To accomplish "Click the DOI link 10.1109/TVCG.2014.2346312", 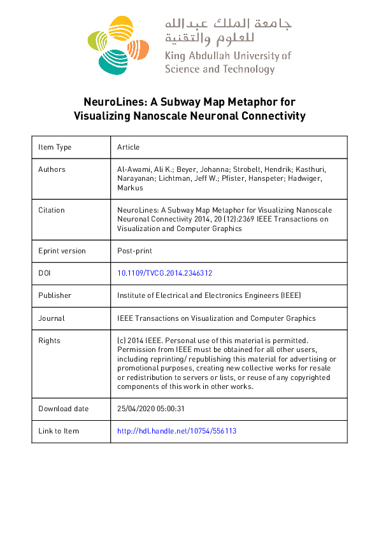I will click(x=164, y=272).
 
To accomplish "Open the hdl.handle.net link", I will click(x=176, y=431).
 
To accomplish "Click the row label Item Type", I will click(x=55, y=147).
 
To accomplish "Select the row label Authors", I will click(x=52, y=169).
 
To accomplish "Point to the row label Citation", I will click(x=52, y=209).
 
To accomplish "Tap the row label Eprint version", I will click(x=62, y=250).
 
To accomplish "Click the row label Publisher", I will click(x=55, y=295).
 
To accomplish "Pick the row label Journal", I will click(x=52, y=318).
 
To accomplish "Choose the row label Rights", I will click(x=49, y=341).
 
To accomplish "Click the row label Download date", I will click(x=63, y=409).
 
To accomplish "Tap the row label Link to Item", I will click(x=59, y=431).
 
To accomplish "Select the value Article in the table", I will click(x=128, y=147).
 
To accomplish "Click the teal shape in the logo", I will click(x=114, y=60).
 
